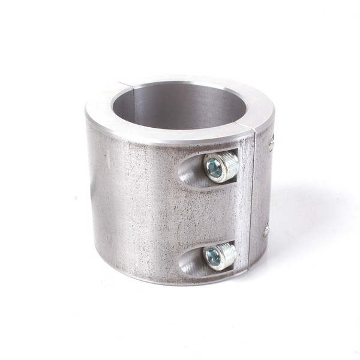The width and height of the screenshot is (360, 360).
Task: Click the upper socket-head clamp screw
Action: [x=220, y=166]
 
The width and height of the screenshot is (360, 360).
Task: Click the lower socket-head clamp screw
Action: [x=220, y=256]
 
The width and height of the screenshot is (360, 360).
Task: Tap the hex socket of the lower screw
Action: [x=212, y=257]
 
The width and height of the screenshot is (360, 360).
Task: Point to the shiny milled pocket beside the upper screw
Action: [x=191, y=173]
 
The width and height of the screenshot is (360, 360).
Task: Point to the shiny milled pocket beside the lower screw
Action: [x=191, y=263]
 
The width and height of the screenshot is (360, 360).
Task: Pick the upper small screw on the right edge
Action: [x=271, y=144]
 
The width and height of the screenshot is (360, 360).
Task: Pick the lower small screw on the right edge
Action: [x=266, y=230]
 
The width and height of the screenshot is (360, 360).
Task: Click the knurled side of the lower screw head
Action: [x=228, y=253]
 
